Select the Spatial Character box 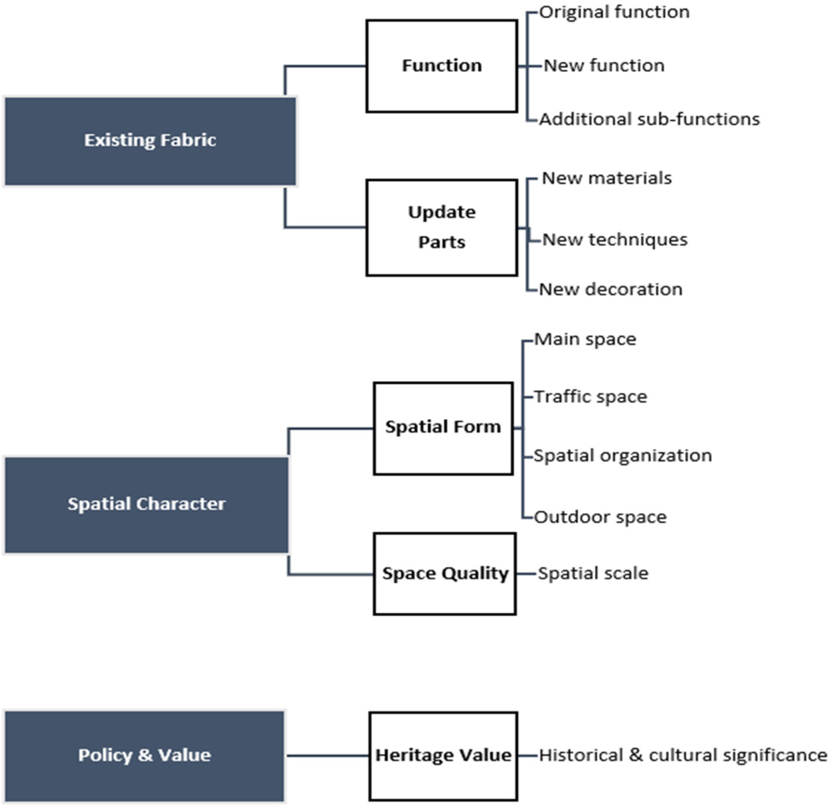click(x=147, y=505)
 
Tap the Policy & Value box click(x=144, y=756)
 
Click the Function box click(x=442, y=66)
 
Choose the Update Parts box click(x=442, y=227)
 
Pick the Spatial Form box click(x=443, y=428)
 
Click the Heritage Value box click(x=443, y=756)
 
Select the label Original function click(x=614, y=12)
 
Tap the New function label click(x=604, y=66)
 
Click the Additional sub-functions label click(x=649, y=119)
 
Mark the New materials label click(x=606, y=178)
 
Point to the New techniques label click(x=615, y=240)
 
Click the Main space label click(x=585, y=339)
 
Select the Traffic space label click(x=591, y=397)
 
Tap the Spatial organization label click(x=623, y=456)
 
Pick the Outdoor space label click(x=600, y=518)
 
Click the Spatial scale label click(x=593, y=574)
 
